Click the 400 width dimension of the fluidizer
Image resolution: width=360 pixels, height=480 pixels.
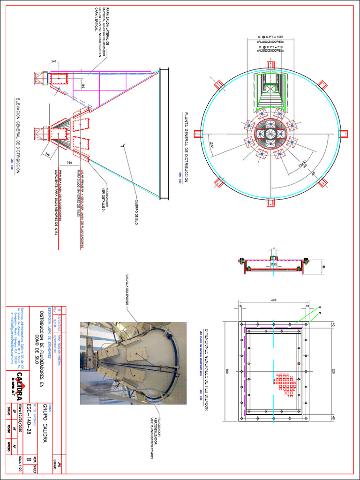click(273, 300)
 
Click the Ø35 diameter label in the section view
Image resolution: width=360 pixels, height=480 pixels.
click(274, 264)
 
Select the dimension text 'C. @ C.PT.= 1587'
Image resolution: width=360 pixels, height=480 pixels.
click(270, 37)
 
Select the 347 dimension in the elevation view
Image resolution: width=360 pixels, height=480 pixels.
click(54, 62)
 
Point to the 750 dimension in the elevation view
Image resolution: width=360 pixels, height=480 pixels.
click(69, 163)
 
